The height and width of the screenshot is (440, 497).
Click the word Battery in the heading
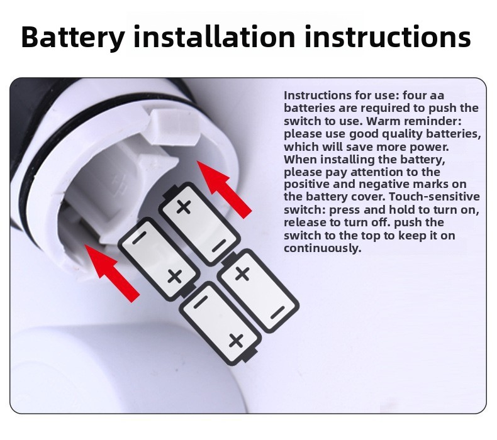72,37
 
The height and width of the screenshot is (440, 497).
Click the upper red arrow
224,189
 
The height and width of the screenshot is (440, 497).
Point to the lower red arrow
112,273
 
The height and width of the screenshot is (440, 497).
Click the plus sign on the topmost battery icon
184,207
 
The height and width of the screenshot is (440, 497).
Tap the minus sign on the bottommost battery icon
200,303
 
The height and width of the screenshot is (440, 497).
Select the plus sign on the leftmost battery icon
174,276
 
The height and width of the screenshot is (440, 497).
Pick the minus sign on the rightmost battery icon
277,313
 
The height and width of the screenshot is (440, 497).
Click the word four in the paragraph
415,95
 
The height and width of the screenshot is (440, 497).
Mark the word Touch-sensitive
434,196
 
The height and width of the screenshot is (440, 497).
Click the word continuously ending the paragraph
322,248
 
